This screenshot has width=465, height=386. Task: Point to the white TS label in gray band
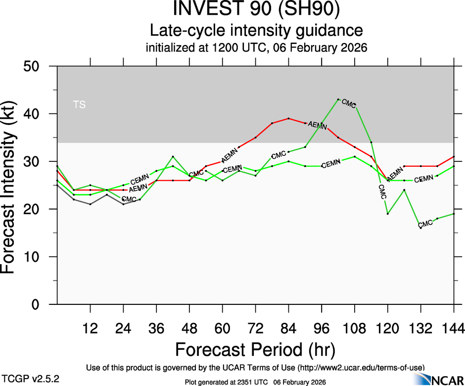79,104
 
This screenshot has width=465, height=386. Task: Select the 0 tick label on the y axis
41,305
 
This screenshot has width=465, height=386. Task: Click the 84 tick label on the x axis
288,329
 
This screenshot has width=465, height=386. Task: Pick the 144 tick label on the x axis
453,329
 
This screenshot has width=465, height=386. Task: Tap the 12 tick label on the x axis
90,329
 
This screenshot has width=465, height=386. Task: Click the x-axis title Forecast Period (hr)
255,350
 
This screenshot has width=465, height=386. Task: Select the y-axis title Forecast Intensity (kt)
13,186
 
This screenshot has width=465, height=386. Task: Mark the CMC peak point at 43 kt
338,99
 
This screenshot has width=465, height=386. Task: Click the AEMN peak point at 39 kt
288,118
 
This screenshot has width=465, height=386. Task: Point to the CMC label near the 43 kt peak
349,103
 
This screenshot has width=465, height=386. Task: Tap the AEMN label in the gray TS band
317,126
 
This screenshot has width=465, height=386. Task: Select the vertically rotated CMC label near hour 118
381,192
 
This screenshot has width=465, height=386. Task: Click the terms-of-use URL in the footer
361,367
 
